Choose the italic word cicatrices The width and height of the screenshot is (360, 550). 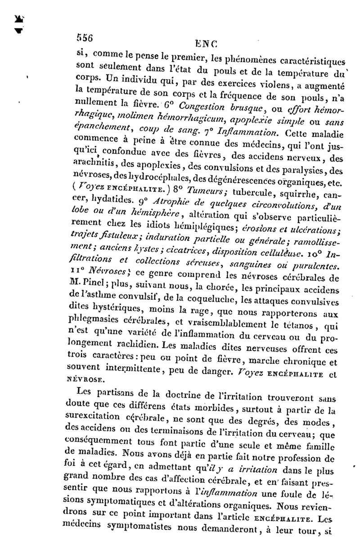click(x=193, y=252)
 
